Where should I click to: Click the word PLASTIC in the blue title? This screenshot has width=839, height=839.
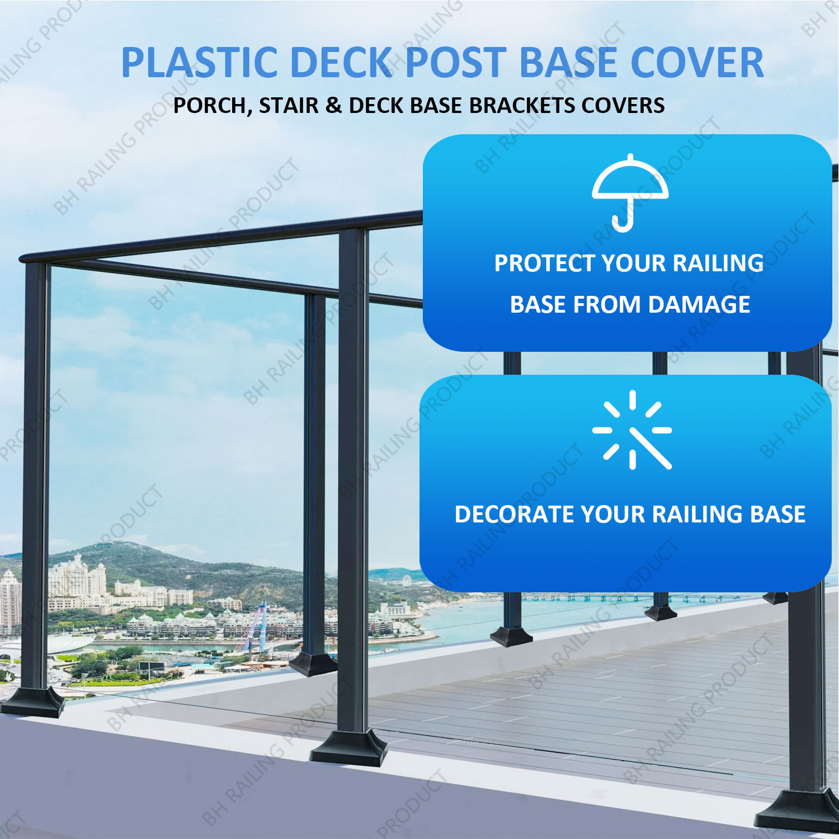point(199,62)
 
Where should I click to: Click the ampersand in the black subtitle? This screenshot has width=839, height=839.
point(333,105)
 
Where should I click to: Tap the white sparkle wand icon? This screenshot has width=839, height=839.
point(632,430)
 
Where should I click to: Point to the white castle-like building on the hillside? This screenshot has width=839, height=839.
point(77,576)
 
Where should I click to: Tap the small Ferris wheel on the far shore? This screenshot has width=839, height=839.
point(406,581)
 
